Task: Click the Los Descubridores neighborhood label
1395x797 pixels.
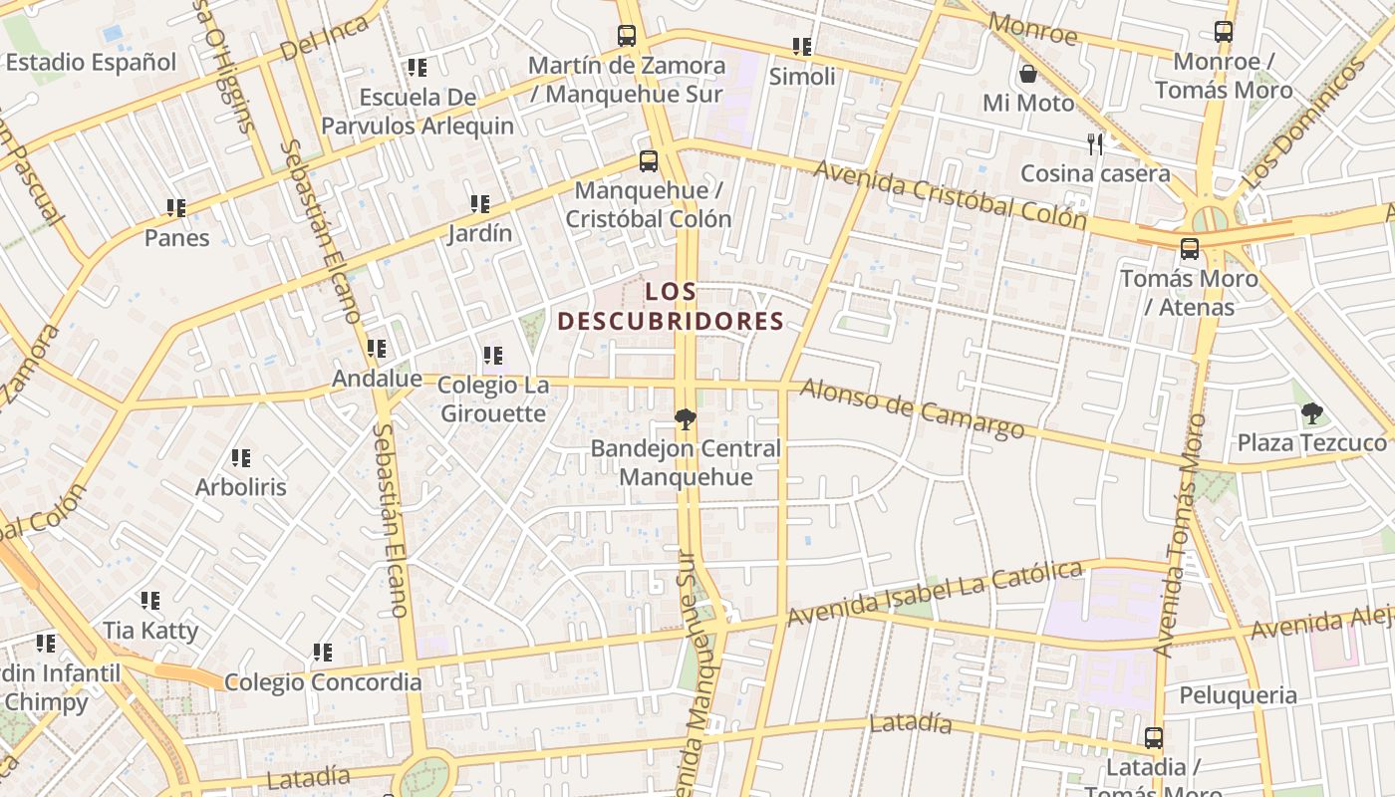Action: tap(671, 307)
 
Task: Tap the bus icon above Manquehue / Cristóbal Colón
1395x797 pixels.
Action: tap(649, 160)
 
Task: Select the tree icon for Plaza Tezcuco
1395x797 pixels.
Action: tap(1312, 413)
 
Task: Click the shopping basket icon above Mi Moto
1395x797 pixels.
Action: tap(1028, 74)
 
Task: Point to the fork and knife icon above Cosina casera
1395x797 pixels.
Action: tap(1096, 144)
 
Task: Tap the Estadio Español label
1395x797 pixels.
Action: tap(91, 62)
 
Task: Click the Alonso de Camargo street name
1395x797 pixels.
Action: tap(912, 407)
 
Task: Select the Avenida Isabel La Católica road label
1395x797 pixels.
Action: tap(934, 593)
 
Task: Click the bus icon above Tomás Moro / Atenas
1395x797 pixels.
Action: tap(1190, 249)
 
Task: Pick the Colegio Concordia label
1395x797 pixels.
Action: tap(323, 682)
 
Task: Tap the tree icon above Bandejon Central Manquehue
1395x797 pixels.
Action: tap(686, 419)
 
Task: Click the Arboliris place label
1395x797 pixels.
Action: tap(241, 487)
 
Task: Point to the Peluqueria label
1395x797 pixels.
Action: tap(1239, 695)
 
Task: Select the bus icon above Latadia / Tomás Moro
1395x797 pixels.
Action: tap(1154, 738)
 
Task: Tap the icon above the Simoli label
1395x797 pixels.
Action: tap(802, 47)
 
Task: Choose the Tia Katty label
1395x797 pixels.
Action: tap(151, 631)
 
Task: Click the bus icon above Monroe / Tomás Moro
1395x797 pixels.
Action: tap(1224, 32)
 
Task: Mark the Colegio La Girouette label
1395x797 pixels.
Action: tap(493, 398)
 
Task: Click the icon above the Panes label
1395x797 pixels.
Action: tap(177, 208)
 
